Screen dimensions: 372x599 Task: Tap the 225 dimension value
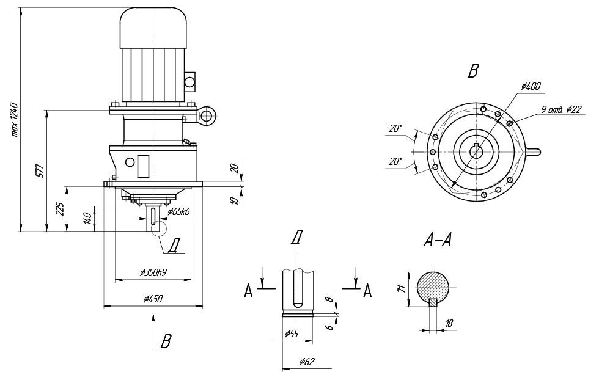tap(60, 210)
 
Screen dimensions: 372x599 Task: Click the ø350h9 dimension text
tap(153, 273)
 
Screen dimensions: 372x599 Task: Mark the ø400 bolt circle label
tap(531, 87)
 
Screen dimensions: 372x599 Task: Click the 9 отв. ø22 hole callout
tap(561, 109)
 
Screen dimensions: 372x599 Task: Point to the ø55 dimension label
tap(293, 334)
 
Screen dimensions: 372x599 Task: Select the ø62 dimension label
tap(307, 362)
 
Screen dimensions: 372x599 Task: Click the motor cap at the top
tap(153, 27)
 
